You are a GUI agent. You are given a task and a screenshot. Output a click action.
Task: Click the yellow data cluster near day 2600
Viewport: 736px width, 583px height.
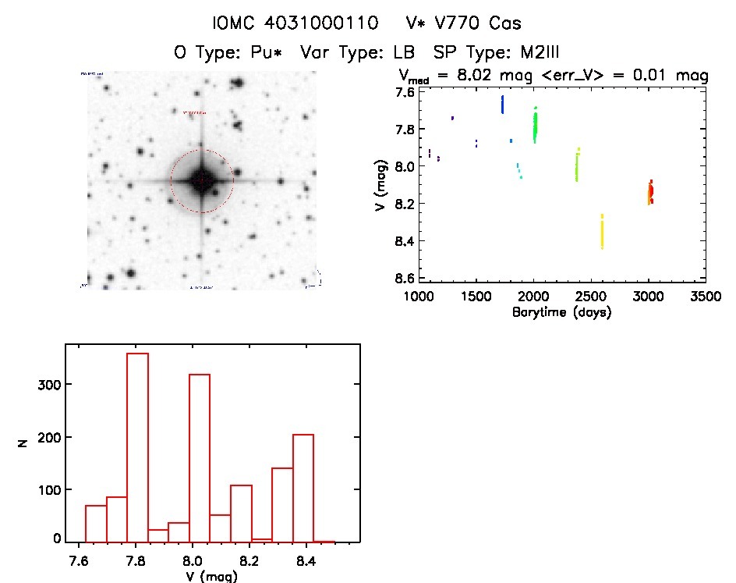(x=602, y=232)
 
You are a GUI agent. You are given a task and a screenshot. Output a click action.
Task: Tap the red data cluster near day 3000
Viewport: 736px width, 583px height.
(x=649, y=192)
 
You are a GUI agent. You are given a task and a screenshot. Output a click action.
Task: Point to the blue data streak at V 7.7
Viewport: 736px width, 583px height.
(x=502, y=105)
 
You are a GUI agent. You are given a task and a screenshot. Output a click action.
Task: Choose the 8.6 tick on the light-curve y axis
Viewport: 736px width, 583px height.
(x=384, y=279)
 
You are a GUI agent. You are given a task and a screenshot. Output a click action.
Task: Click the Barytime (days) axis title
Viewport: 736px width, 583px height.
(x=561, y=312)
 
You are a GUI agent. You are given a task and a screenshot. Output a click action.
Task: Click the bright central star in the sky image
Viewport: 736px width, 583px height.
(x=201, y=180)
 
